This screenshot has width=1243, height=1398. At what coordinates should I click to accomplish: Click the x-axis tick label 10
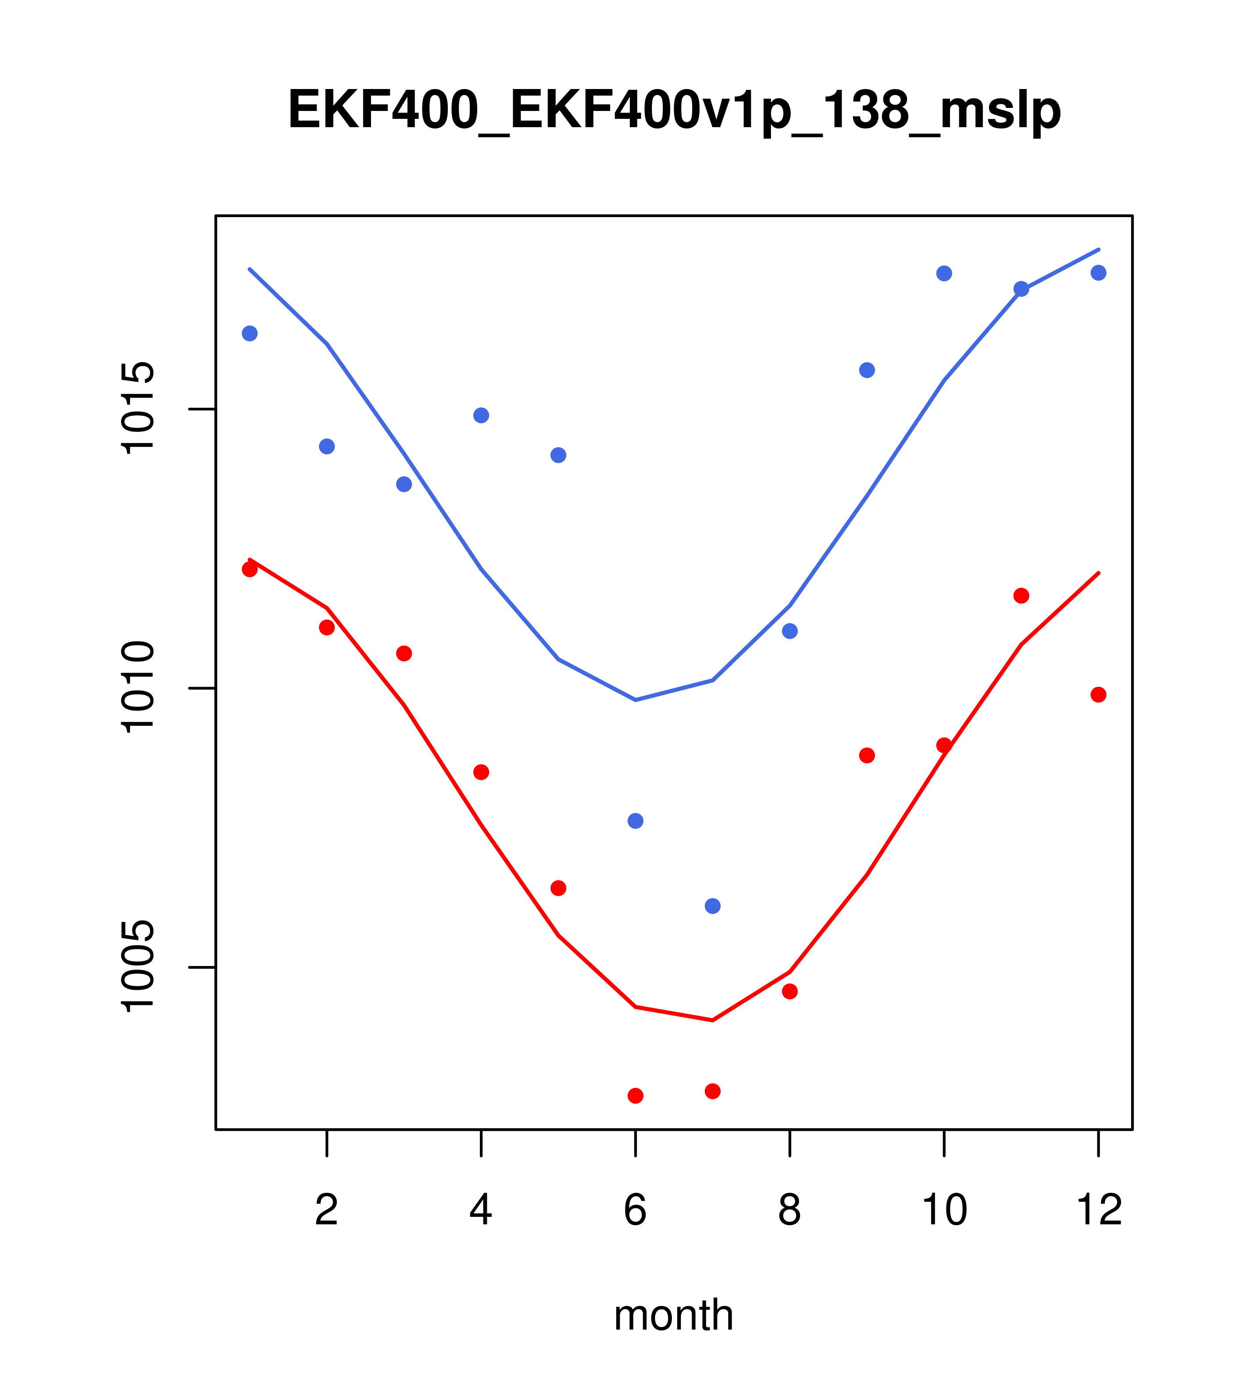click(x=944, y=1211)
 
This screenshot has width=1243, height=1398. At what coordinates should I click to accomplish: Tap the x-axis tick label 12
click(x=1099, y=1211)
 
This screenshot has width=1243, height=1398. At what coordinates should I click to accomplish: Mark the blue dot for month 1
click(x=250, y=333)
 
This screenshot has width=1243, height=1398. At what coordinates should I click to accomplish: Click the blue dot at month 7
click(x=712, y=906)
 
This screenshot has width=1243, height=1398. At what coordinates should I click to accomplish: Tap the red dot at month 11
click(x=1022, y=596)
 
